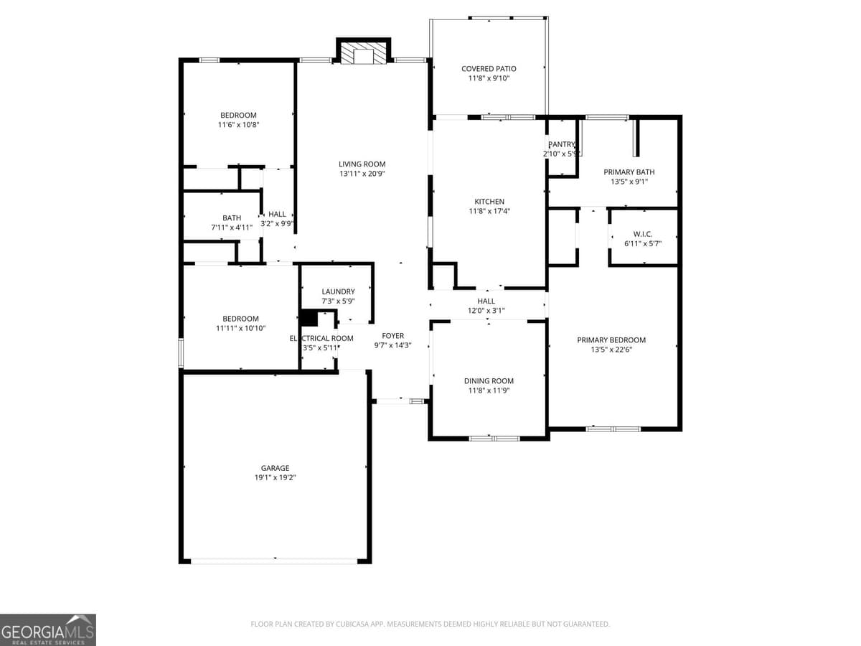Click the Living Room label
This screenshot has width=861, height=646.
coord(362,164)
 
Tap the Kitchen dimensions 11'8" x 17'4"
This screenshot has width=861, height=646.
coord(489,211)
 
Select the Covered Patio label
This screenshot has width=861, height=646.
coord(488,69)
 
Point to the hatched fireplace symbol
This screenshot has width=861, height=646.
coord(363,55)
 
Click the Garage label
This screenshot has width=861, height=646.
coord(275,468)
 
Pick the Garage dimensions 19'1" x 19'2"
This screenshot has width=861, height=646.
coord(275,477)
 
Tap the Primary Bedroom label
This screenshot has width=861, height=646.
coord(611,340)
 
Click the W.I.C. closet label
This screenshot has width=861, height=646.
coord(642,234)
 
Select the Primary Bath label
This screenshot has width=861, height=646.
coord(629,172)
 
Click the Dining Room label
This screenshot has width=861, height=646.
coord(488,381)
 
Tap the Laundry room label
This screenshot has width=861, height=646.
coord(338,291)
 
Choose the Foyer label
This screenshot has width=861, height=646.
coord(392,336)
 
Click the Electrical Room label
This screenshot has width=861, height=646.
coord(321,338)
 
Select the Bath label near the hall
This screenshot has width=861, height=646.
coord(232,218)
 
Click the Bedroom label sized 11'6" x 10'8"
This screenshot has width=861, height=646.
coord(238,116)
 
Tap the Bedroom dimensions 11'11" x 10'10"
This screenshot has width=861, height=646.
coord(240,328)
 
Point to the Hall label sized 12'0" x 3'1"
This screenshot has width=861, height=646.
coord(486,301)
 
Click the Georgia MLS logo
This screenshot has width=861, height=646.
coord(48,629)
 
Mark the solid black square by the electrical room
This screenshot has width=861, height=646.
coord(308,318)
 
